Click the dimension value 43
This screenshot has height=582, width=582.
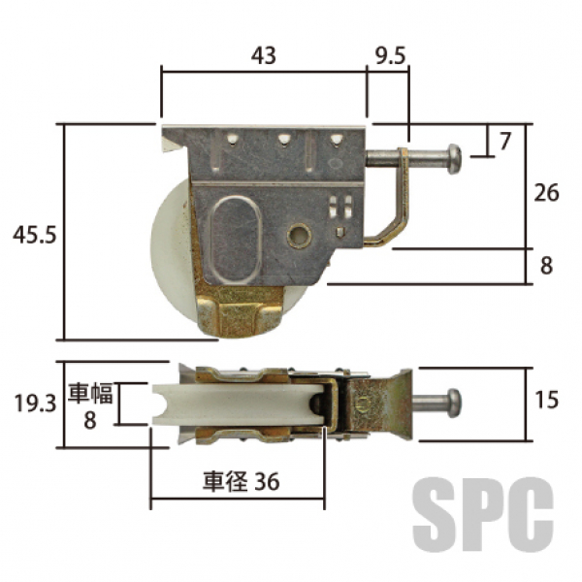tap(264, 56)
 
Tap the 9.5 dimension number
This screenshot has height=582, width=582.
tap(390, 56)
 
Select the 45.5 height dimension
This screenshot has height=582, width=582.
tap(35, 235)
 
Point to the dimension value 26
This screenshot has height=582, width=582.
tap(546, 193)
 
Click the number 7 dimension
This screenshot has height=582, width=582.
tap(505, 142)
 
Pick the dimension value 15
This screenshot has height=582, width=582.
tap(546, 400)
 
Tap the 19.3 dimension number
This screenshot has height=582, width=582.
tap(35, 404)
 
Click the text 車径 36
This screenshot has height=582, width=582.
tap(241, 481)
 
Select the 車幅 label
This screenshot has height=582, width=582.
tap(90, 393)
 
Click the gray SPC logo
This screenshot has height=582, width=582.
tap(483, 515)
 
